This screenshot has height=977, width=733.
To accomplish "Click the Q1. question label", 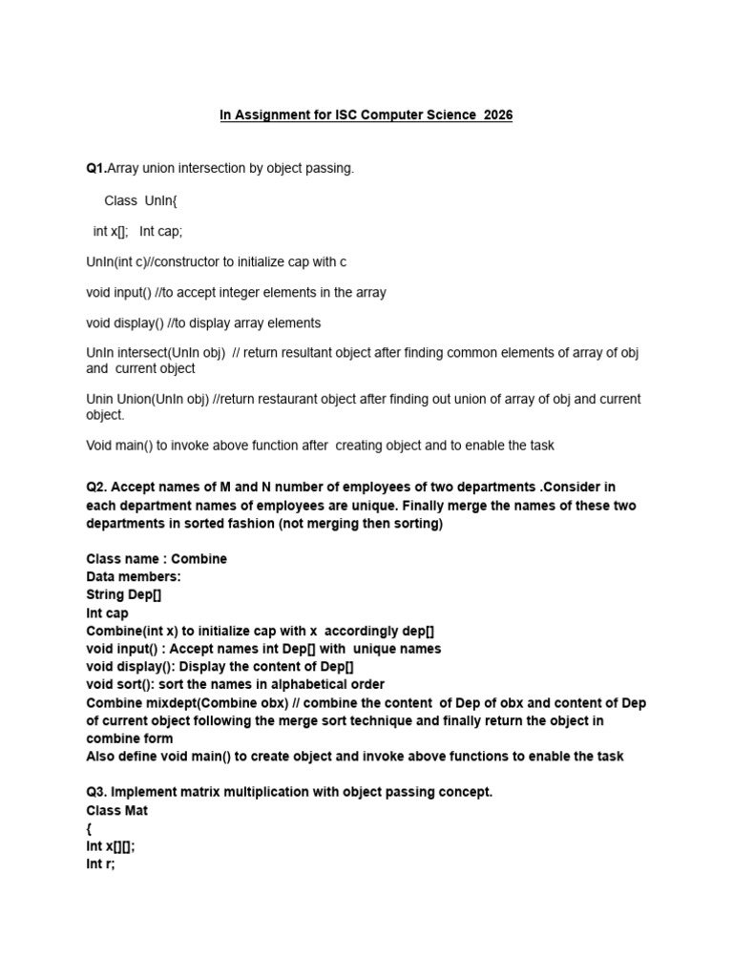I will click(96, 168).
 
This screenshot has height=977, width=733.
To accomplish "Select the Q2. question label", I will click(97, 489).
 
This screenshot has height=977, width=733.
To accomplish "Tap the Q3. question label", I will click(97, 792).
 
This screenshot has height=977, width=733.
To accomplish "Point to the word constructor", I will click(179, 261).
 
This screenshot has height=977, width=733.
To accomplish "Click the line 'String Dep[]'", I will click(124, 594).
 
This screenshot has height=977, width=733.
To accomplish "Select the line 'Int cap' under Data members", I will click(107, 613).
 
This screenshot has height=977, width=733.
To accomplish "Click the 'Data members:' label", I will click(134, 576).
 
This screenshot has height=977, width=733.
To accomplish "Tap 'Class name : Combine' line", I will click(157, 558).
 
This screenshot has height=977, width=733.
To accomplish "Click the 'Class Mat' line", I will click(116, 810).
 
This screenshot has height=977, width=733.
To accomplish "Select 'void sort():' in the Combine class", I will click(127, 684).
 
